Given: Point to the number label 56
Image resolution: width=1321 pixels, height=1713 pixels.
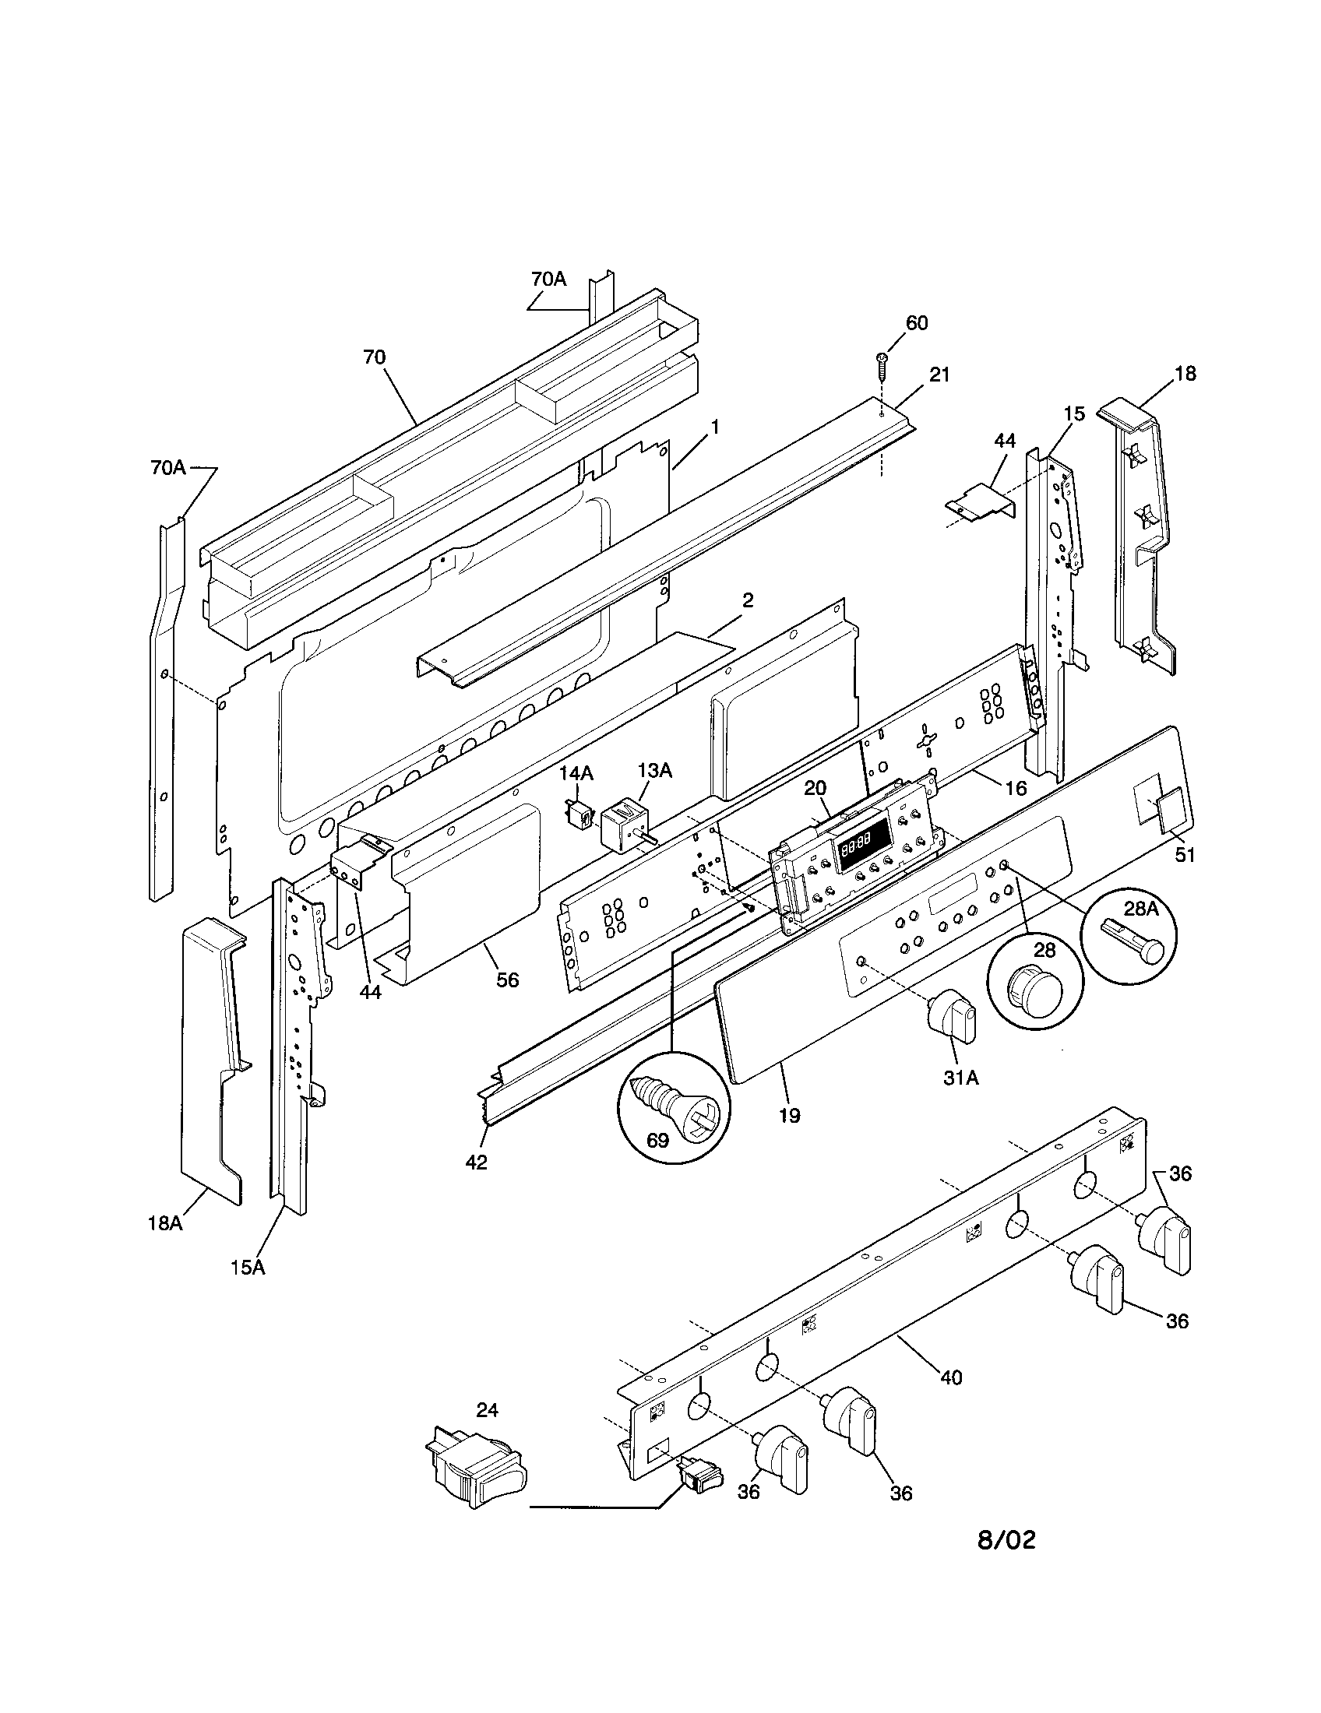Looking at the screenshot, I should click(x=508, y=980).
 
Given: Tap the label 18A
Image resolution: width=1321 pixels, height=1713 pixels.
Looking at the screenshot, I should click(x=164, y=1245).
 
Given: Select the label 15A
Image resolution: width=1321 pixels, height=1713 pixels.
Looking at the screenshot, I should click(x=248, y=1288).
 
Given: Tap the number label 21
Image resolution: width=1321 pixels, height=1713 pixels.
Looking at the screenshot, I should click(x=939, y=375).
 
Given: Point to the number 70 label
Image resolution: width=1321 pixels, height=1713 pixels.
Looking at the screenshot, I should click(x=374, y=357).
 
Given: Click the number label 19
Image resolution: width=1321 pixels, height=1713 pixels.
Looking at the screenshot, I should click(x=790, y=1114).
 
